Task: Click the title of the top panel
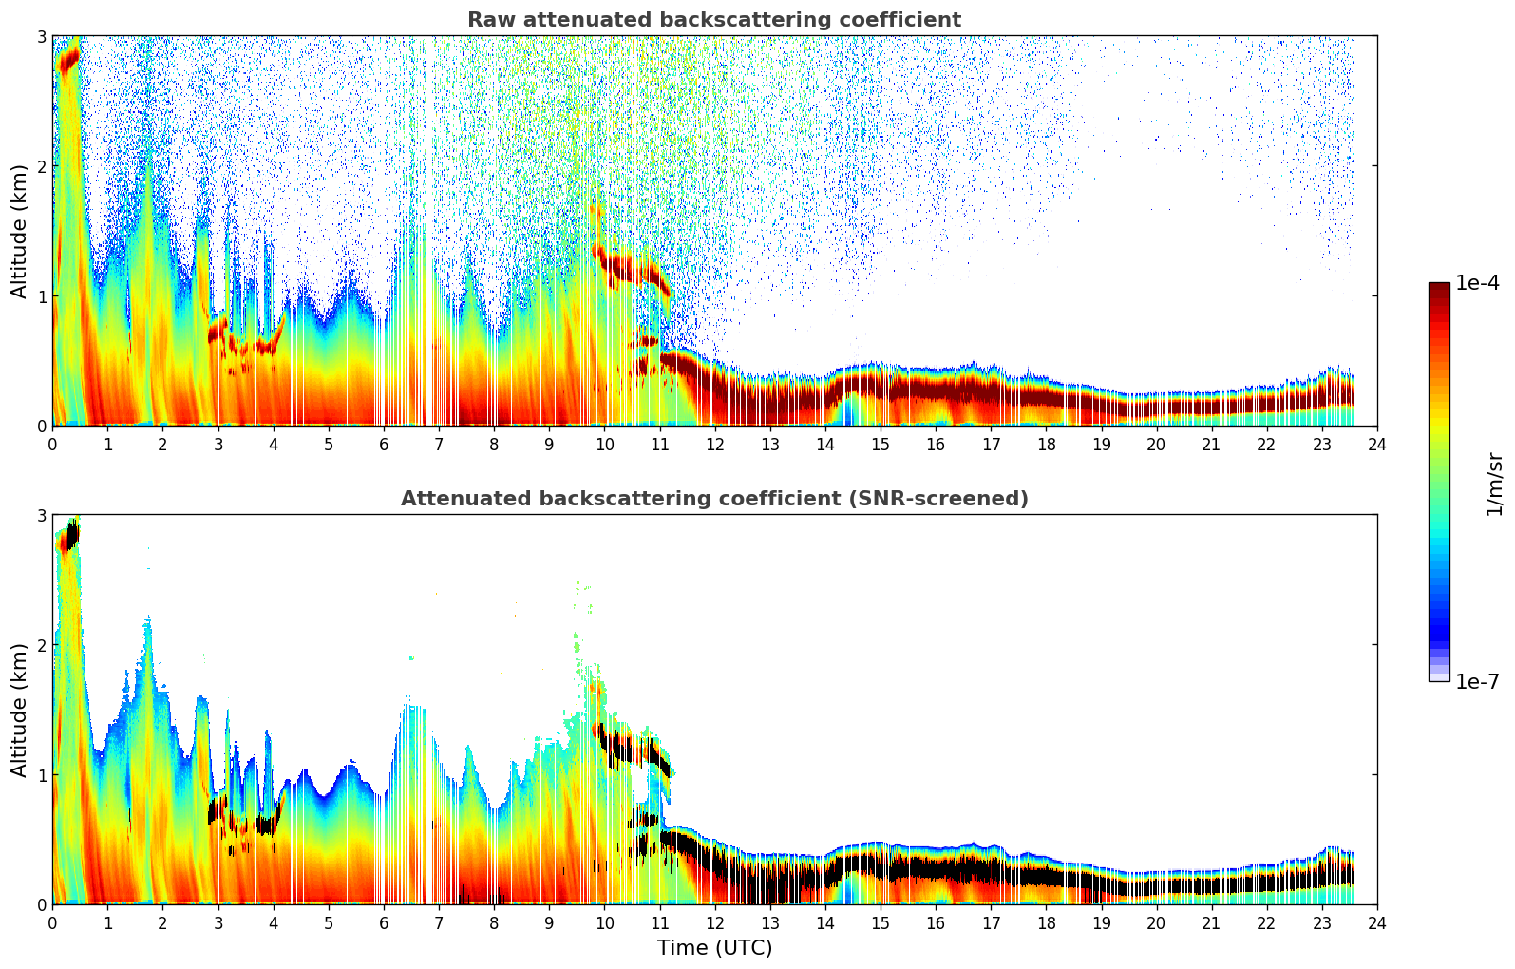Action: [x=713, y=20]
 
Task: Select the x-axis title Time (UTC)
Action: [x=714, y=948]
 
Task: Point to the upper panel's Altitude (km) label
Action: [x=20, y=231]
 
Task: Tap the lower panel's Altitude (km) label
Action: [x=20, y=710]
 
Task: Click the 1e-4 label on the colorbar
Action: [x=1477, y=283]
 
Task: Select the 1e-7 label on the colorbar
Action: [x=1477, y=681]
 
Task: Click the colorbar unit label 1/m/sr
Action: [x=1495, y=483]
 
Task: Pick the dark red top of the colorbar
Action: [x=1439, y=288]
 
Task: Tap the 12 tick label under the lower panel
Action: [x=714, y=923]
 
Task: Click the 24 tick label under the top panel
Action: [x=1376, y=445]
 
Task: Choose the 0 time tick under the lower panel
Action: [x=52, y=923]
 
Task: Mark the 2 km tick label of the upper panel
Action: [x=41, y=166]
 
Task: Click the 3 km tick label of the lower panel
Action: [x=41, y=516]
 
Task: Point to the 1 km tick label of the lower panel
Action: [x=41, y=775]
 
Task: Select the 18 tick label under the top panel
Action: [x=1046, y=445]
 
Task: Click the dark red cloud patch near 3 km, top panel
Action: [x=68, y=61]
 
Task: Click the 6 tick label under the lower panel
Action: [x=384, y=923]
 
